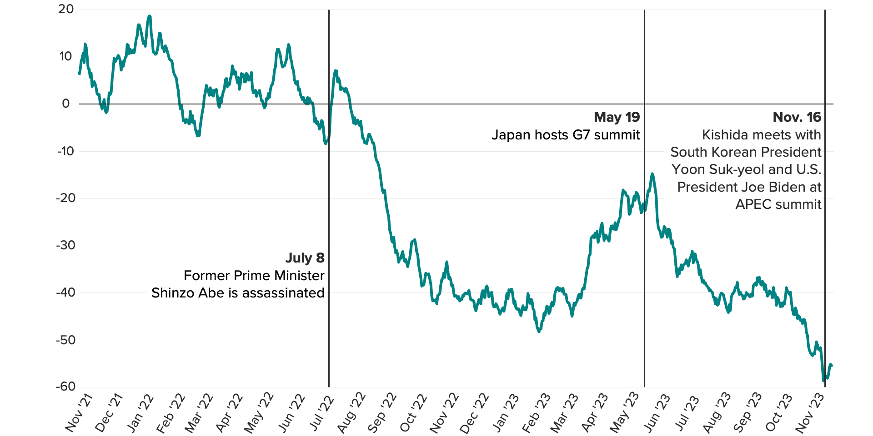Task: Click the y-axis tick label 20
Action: coord(66,10)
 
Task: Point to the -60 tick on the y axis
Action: coord(66,387)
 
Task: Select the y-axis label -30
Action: coord(66,246)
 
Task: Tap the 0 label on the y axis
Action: coord(66,104)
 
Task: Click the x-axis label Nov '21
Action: coord(79,413)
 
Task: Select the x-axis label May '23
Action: coord(624,413)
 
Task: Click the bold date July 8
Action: coord(305,258)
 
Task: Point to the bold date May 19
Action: coord(617,117)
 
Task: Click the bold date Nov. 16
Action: coord(797,117)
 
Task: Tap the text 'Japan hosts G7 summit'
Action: coord(566,135)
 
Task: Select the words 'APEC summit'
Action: coord(778,204)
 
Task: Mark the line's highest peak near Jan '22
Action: coord(149,16)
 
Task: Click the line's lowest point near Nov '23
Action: coord(823,381)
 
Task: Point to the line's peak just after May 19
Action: coord(652,173)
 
